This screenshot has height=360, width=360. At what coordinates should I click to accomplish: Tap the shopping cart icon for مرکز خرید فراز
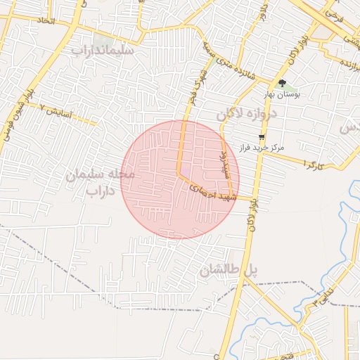click(262, 136)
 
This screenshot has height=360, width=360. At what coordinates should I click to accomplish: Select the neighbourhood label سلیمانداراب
click(106, 51)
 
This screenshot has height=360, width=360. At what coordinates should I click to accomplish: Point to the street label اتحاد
click(44, 22)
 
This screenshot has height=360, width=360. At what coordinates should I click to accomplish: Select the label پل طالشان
click(229, 271)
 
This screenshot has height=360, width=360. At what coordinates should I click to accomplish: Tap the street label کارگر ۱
click(314, 163)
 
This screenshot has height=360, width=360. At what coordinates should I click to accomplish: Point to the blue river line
click(345, 239)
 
